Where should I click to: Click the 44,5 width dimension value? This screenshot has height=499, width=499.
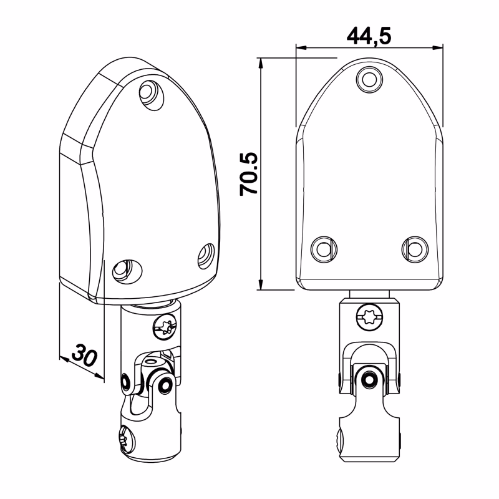coord(369,36)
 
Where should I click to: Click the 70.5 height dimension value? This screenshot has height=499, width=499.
coord(248,174)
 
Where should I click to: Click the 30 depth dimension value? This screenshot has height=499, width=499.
coord(84,354)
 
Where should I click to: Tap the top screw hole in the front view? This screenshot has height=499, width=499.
coord(369,79)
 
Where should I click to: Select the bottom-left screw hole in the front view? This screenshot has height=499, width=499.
coord(324,249)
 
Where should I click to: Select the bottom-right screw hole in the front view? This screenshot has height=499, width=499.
coord(415,249)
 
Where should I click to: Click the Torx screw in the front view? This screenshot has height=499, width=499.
coord(369,317)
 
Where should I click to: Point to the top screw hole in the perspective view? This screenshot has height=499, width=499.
coord(152,95)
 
